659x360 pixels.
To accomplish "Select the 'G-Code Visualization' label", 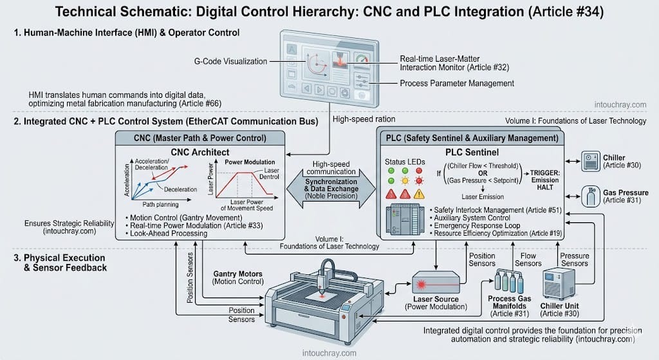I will click(230, 62).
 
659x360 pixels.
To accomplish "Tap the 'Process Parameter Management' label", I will click(456, 83).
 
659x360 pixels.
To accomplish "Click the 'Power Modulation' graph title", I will click(250, 162).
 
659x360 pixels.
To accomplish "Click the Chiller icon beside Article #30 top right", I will click(590, 161).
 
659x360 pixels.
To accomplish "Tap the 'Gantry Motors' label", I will click(237, 274).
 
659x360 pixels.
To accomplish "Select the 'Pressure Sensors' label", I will click(574, 259).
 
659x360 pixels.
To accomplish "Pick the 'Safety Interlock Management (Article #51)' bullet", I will click(489, 210).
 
